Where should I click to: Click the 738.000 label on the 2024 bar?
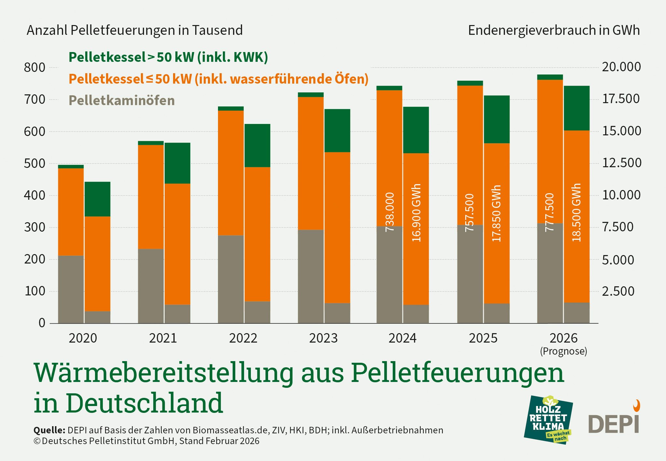pyautogui.click(x=389, y=212)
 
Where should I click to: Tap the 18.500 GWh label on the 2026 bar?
pyautogui.click(x=576, y=212)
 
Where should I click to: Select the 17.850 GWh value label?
pyautogui.click(x=496, y=213)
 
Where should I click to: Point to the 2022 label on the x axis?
pyautogui.click(x=243, y=338)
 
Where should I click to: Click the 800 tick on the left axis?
pyautogui.click(x=34, y=68)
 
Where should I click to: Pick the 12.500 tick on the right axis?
pyautogui.click(x=622, y=163)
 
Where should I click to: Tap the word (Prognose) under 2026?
pyautogui.click(x=564, y=351)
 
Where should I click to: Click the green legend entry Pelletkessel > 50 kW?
pyautogui.click(x=168, y=57)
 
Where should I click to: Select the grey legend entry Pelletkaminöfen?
pyautogui.click(x=122, y=100)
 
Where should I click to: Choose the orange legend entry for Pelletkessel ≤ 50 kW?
pyautogui.click(x=218, y=79)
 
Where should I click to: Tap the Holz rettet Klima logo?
pyautogui.click(x=548, y=420)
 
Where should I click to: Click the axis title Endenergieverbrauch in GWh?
pyautogui.click(x=554, y=30)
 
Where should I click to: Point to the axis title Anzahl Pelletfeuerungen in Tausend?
pyautogui.click(x=135, y=30)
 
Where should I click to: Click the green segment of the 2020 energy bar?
pyautogui.click(x=97, y=199)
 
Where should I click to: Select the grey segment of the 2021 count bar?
pyautogui.click(x=151, y=286)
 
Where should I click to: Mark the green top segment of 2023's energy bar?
pyautogui.click(x=337, y=131)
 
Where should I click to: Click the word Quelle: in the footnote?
pyautogui.click(x=49, y=430)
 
